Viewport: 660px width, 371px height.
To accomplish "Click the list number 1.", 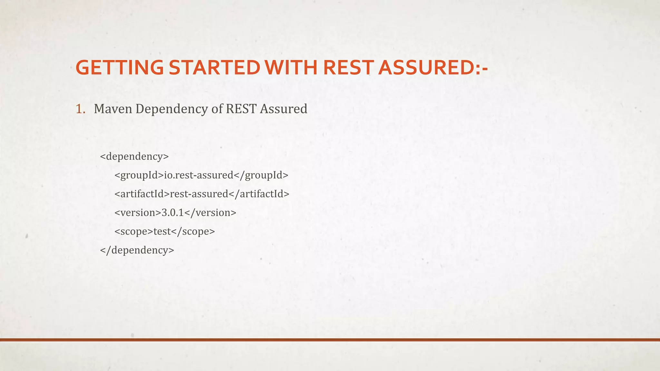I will (80, 109).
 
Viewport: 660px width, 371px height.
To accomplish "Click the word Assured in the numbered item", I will (284, 109).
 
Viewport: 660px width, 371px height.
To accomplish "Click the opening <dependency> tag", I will (134, 157).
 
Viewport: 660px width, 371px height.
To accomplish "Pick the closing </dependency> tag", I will (137, 250).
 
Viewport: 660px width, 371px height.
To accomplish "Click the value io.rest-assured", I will (199, 175).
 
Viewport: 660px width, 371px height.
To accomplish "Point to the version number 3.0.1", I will (172, 213).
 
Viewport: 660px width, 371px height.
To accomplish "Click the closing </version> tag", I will (210, 213).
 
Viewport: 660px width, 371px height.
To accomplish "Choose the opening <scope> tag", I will (134, 232).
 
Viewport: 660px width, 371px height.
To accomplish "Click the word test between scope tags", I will (162, 232).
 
